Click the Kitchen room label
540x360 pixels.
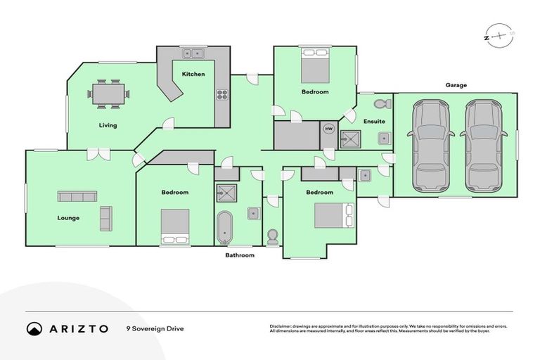(193, 74)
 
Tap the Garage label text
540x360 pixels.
(456, 85)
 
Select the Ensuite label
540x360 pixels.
(374, 121)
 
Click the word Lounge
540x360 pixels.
(68, 218)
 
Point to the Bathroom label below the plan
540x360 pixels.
(240, 255)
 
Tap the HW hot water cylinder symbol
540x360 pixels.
(328, 129)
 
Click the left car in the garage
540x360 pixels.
(430, 145)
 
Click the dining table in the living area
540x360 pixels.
(109, 93)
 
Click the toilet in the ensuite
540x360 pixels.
(382, 104)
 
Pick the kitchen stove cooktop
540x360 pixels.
(222, 94)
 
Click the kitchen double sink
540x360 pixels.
(193, 53)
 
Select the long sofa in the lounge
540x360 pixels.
(77, 197)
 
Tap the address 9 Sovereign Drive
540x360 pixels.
(155, 328)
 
